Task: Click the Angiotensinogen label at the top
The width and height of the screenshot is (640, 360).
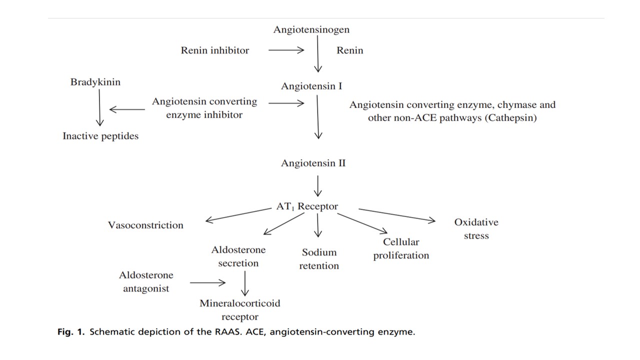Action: pyautogui.click(x=311, y=29)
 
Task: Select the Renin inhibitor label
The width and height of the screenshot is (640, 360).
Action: pyautogui.click(x=214, y=50)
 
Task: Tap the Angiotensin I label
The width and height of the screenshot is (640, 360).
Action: pyautogui.click(x=311, y=86)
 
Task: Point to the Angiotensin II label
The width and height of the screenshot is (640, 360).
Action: pyautogui.click(x=313, y=163)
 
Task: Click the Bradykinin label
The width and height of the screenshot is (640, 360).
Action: pyautogui.click(x=95, y=82)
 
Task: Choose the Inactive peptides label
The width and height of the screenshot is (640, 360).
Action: pyautogui.click(x=100, y=136)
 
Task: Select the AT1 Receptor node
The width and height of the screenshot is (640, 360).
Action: pyautogui.click(x=307, y=206)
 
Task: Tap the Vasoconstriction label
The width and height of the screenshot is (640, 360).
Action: pyautogui.click(x=145, y=225)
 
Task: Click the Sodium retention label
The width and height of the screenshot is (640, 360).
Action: pyautogui.click(x=319, y=259)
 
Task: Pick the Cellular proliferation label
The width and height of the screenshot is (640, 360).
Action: pyautogui.click(x=401, y=248)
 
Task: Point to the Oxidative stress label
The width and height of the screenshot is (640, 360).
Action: pyautogui.click(x=476, y=229)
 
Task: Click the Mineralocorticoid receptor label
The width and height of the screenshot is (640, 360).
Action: pyautogui.click(x=240, y=310)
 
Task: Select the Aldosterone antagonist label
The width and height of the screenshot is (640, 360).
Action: pyautogui.click(x=146, y=281)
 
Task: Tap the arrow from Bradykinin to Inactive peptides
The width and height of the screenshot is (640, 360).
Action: pyautogui.click(x=99, y=108)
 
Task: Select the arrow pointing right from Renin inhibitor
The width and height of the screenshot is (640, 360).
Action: pyautogui.click(x=286, y=50)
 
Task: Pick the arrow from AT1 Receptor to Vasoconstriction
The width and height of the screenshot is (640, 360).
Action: pyautogui.click(x=237, y=215)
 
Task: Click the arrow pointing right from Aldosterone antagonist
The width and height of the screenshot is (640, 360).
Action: pyautogui.click(x=207, y=282)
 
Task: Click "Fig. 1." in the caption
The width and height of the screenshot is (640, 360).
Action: pyautogui.click(x=71, y=332)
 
